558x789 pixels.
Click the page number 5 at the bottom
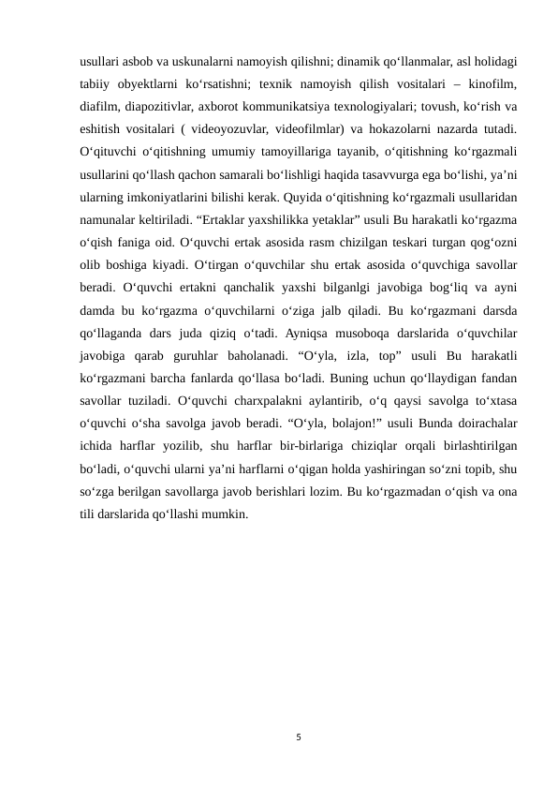click(x=297, y=738)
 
